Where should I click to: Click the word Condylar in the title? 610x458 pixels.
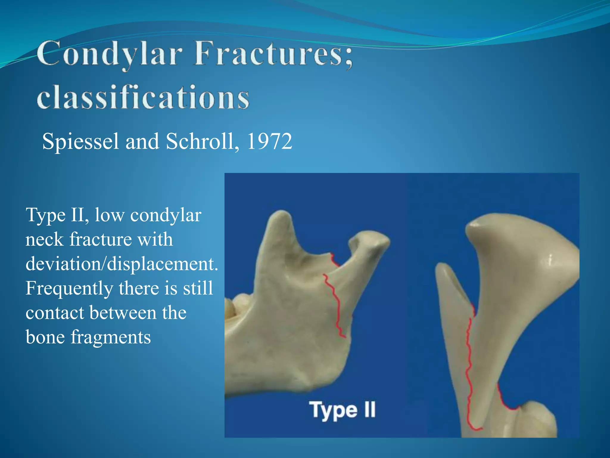tap(109, 54)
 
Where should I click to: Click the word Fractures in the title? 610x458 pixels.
tap(268, 54)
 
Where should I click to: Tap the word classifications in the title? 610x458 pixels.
tap(143, 97)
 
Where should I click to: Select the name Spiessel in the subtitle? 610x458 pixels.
tap(80, 141)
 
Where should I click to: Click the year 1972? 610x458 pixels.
tap(270, 141)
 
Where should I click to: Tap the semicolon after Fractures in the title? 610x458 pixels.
tap(349, 60)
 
